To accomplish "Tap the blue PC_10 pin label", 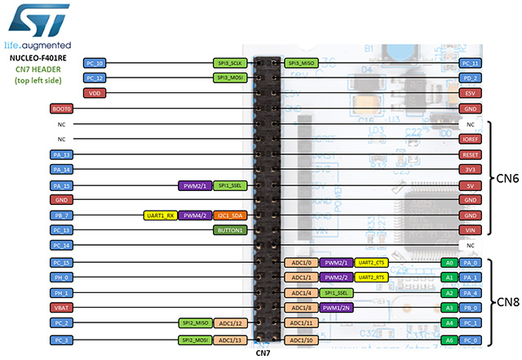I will click(95, 63).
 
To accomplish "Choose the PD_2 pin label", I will click(469, 78).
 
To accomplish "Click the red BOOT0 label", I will click(62, 109).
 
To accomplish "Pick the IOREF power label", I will click(469, 140).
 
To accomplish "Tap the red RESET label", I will click(469, 154).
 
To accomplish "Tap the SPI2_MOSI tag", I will click(197, 339).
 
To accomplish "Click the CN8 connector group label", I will click(504, 300).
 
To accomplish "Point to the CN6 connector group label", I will click(504, 178).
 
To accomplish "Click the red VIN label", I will click(469, 230).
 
